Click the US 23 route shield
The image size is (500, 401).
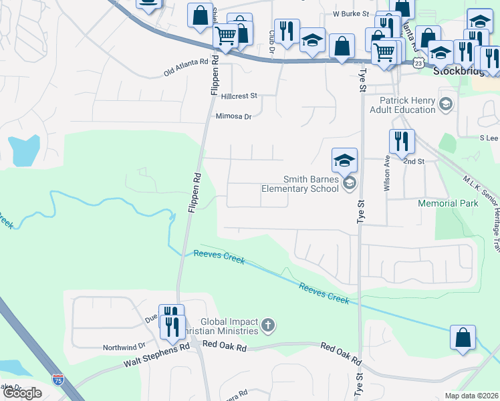pos(418,62)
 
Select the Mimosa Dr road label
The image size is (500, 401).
pos(233,116)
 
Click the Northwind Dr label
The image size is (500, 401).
pos(124,347)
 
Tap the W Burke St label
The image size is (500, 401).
pos(351,13)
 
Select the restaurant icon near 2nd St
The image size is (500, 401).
pos(402,142)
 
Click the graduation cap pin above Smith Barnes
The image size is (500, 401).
pos(344,160)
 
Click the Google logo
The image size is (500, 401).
pos(22,393)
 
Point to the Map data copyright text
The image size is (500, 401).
pos(471,396)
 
